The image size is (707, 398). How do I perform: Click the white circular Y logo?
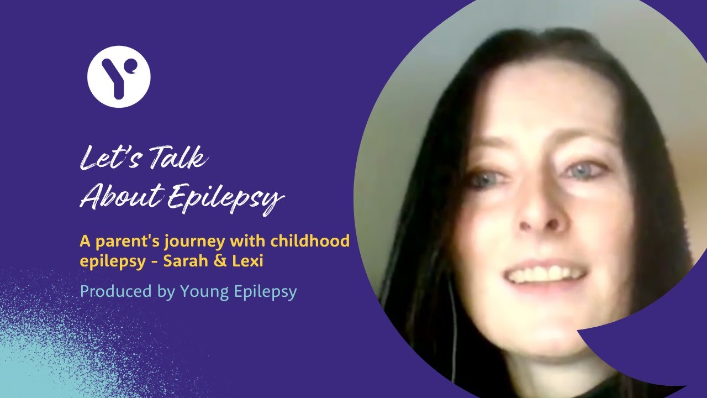(x=119, y=76)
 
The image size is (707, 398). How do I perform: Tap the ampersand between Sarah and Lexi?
(x=219, y=260)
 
